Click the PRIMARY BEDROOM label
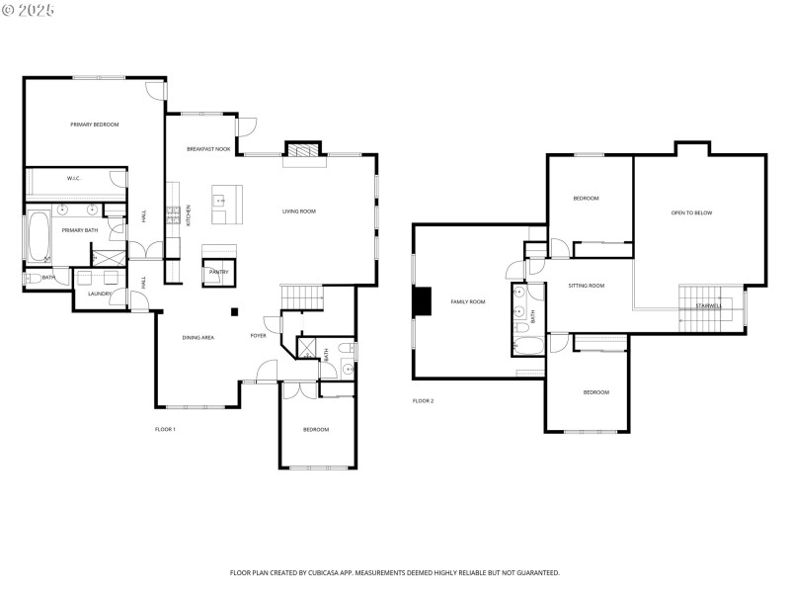[94, 125]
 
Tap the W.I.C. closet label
[73, 179]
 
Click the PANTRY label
[218, 271]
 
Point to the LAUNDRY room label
[99, 294]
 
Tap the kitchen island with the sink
[224, 202]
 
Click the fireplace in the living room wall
[302, 150]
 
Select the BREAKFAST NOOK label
[208, 149]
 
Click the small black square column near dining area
[234, 312]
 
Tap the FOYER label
[258, 336]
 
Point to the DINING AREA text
[197, 338]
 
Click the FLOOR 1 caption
[165, 429]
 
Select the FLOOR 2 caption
[423, 400]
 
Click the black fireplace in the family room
[422, 301]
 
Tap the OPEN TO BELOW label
[691, 212]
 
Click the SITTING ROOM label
[586, 286]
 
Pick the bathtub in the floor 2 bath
[524, 345]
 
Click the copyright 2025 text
[29, 9]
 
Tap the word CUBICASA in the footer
[348, 572]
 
